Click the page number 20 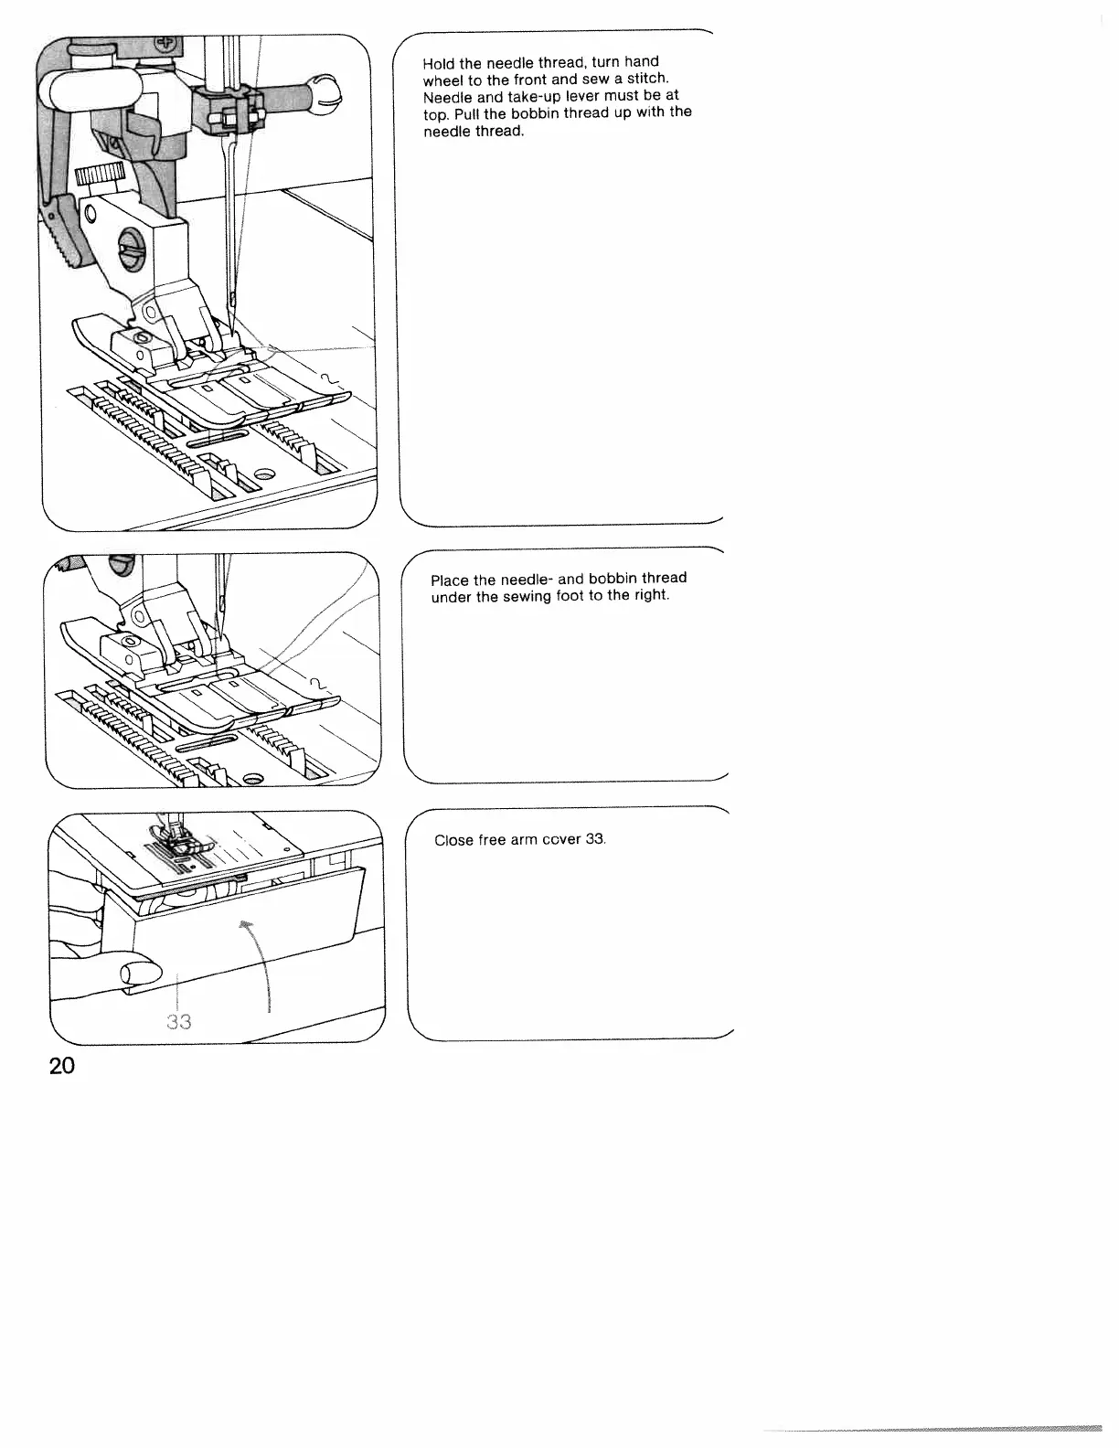click(x=63, y=1067)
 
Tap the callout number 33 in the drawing click(x=179, y=1021)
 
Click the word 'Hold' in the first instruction click(x=439, y=65)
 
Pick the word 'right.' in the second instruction click(x=651, y=595)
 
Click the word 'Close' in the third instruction click(x=453, y=840)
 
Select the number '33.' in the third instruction click(x=596, y=839)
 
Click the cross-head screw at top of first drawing click(x=167, y=45)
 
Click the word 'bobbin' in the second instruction click(x=614, y=579)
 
